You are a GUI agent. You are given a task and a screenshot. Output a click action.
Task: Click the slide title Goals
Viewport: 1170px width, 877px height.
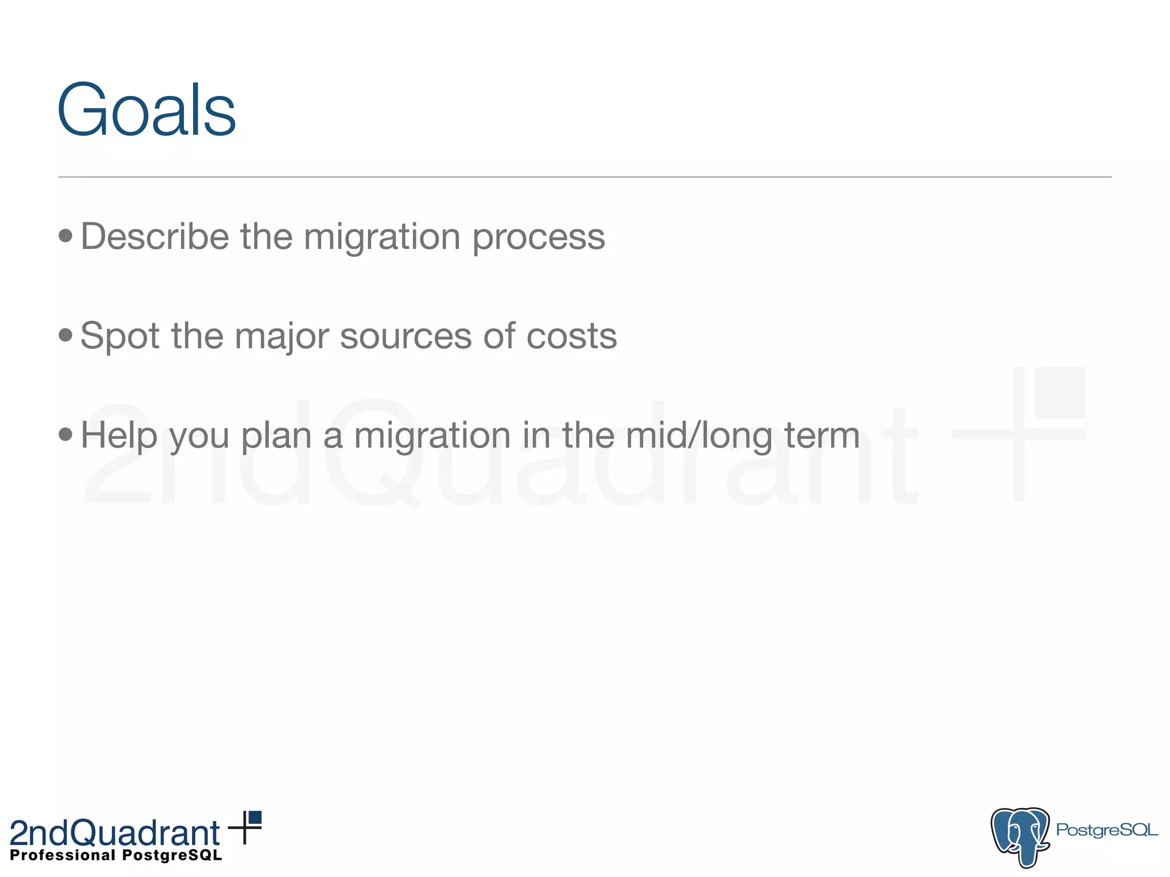(146, 110)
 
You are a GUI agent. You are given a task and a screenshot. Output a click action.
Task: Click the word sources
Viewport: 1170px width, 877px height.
(406, 336)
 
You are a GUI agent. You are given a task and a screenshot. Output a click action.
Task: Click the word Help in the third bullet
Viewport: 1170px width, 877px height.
(119, 435)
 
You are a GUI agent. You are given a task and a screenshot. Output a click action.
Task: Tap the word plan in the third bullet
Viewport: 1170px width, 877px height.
(276, 435)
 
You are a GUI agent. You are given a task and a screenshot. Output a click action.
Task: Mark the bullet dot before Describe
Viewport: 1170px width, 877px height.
(66, 235)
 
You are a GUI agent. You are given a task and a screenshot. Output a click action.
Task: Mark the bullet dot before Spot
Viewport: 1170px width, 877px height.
(66, 335)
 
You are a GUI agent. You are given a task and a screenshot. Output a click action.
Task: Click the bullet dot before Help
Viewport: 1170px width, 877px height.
(66, 435)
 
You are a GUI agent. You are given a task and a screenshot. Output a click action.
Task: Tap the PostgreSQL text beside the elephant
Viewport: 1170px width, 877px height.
(1107, 830)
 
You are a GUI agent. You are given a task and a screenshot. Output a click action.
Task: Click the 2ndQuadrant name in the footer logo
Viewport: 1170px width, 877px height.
(114, 832)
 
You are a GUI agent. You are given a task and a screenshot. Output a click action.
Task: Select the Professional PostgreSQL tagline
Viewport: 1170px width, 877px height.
(116, 855)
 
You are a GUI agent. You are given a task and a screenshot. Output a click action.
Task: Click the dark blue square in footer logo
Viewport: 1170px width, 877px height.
(255, 818)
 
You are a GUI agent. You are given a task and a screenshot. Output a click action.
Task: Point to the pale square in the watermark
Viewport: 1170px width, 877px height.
(1060, 392)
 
